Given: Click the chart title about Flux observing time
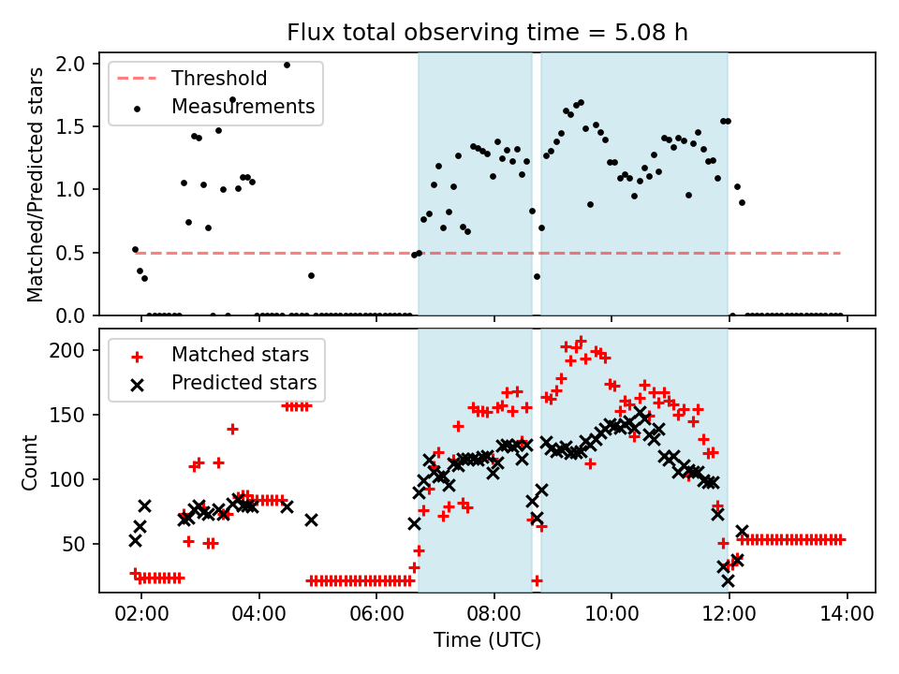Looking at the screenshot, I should point(487,33).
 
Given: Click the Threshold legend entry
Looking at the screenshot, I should point(218,79).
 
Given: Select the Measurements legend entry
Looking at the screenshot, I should point(243,107).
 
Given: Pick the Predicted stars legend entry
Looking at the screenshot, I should point(243,383).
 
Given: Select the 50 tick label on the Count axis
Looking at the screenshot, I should point(76,544).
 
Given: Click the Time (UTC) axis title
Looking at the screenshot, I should point(487,641).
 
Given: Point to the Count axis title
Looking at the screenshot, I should point(31,462).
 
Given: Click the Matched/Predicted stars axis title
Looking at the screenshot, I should point(36,184).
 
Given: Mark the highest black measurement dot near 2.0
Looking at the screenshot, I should point(287,65).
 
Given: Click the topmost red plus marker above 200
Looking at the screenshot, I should point(581,341).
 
